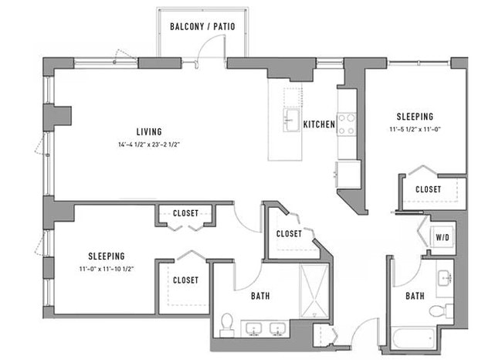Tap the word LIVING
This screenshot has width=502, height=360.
(149, 132)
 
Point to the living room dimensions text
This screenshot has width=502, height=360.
(149, 144)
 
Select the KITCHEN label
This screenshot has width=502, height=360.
(318, 124)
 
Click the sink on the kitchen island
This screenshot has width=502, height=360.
(292, 121)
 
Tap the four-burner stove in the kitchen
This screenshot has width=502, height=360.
(346, 124)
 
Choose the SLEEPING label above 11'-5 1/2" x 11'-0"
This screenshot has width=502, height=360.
(416, 117)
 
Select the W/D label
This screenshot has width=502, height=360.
(443, 237)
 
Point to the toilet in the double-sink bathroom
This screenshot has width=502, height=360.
(226, 323)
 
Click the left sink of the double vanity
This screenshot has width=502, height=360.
(253, 329)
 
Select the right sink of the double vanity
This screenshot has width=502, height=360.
(277, 329)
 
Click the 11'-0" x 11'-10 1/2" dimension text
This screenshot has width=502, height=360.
(106, 269)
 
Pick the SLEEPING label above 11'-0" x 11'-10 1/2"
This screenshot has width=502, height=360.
(107, 256)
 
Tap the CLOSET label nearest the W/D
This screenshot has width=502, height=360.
(428, 189)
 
